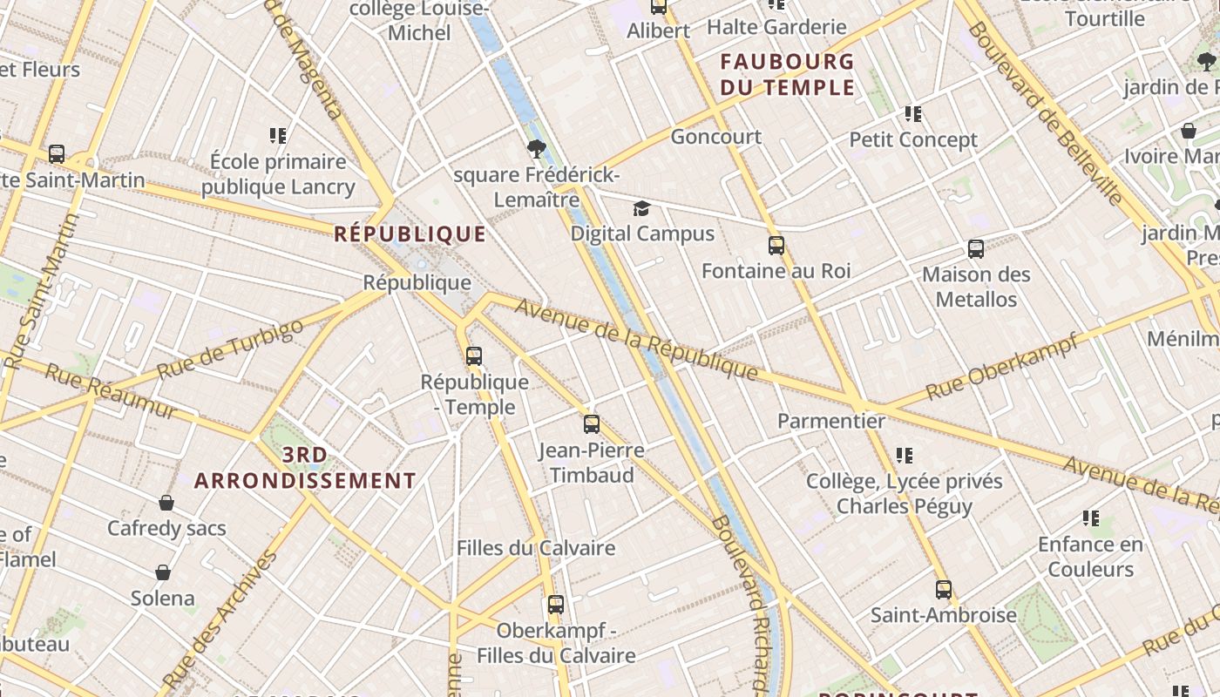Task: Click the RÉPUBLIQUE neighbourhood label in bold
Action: point(410,233)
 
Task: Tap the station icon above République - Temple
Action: point(473,355)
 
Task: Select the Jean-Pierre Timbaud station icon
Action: point(592,424)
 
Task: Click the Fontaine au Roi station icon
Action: point(776,246)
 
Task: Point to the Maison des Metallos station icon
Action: point(976,249)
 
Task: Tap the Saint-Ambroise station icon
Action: point(943,590)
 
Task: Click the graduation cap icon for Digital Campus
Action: point(642,208)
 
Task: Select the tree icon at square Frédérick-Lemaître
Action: point(537,149)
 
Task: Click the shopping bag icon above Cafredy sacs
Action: point(166,503)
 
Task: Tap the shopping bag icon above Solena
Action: point(163,572)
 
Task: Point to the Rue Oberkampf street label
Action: point(1002,366)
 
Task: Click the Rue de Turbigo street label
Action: point(230,349)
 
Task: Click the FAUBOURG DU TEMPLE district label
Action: point(787,74)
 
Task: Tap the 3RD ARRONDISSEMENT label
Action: point(305,468)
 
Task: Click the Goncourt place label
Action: point(715,137)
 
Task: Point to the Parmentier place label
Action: point(830,421)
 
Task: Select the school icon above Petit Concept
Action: point(912,113)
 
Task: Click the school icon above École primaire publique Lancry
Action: point(278,135)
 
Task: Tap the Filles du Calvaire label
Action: point(536,548)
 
